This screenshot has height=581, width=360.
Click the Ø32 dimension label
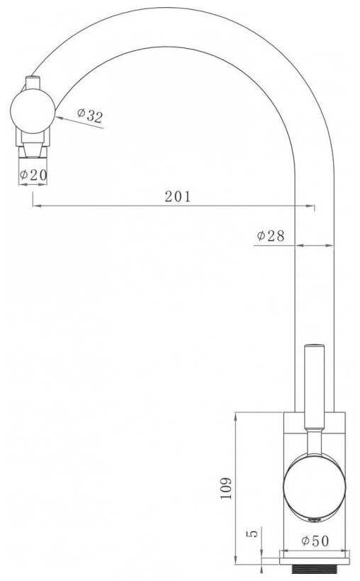[x=90, y=115]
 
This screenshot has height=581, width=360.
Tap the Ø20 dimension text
[x=33, y=174]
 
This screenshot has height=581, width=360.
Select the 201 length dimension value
[x=178, y=196]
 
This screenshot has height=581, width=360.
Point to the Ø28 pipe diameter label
[x=271, y=236]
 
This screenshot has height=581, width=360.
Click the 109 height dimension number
[x=226, y=488]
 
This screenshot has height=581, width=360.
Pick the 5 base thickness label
[x=252, y=534]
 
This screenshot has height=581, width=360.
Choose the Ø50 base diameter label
[x=315, y=541]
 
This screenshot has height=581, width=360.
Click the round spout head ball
[x=33, y=111]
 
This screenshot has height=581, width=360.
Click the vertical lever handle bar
[x=314, y=387]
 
